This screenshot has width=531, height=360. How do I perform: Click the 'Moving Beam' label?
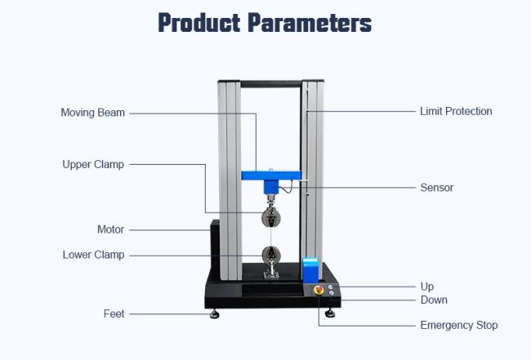pos(93,113)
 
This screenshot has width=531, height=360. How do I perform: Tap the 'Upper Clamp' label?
pos(93,164)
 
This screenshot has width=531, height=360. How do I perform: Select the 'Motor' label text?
pos(110,229)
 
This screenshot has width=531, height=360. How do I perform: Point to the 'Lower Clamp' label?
pos(93,255)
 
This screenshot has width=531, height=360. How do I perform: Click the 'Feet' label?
pos(114,313)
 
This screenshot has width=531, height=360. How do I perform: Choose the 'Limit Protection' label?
pos(456,111)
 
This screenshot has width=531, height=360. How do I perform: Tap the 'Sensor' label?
pos(436,188)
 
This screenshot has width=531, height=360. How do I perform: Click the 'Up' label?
pos(427,287)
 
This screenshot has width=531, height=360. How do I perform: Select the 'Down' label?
pos(434,300)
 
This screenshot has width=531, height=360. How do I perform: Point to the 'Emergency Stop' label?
pos(459,325)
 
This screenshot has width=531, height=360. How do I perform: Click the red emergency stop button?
pos(319,290)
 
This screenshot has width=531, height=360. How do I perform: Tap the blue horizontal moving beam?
pos(271,176)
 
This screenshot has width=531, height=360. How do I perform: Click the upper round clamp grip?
pos(271,218)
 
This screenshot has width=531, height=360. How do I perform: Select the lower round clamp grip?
pos(271,256)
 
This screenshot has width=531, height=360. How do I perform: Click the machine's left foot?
pos(214,314)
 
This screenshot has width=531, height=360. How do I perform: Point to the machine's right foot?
pos(330,313)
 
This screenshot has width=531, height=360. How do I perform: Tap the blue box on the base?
pos(310,270)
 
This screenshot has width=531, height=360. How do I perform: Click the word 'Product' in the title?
pos(199,23)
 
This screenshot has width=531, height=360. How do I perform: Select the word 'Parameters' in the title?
pos(310,23)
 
